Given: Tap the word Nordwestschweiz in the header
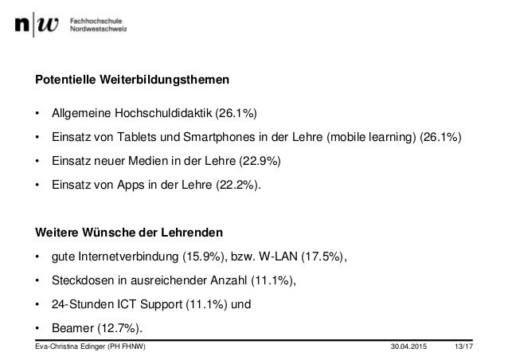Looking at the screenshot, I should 99,29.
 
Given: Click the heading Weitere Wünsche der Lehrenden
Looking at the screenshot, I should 130,233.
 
